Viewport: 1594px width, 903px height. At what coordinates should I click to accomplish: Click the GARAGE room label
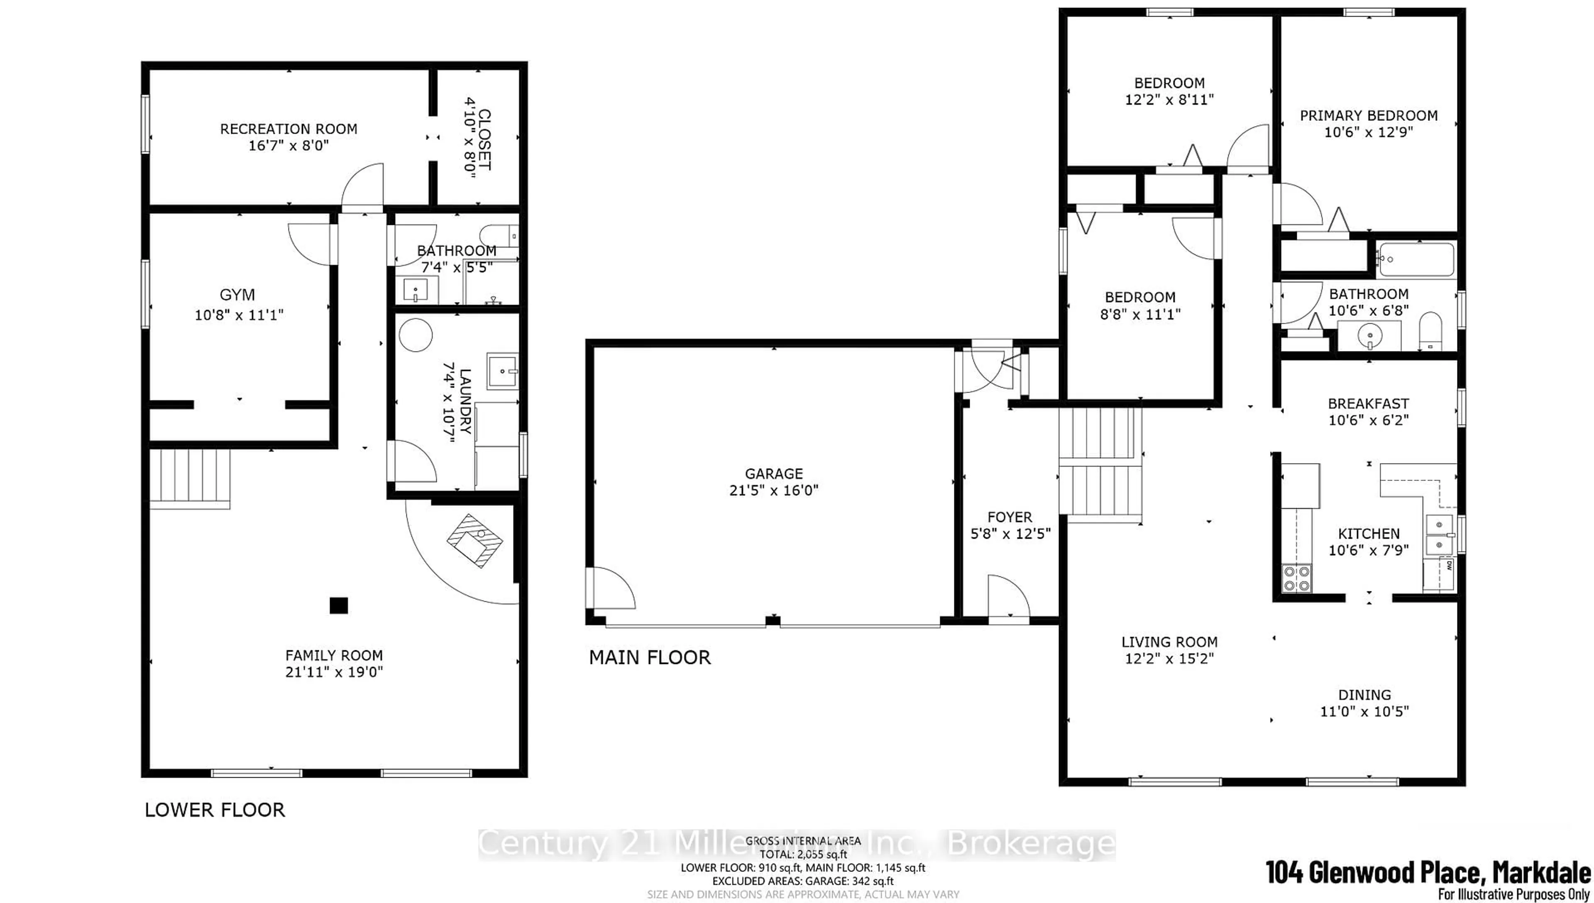(773, 474)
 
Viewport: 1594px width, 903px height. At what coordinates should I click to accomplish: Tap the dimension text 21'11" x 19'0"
(334, 672)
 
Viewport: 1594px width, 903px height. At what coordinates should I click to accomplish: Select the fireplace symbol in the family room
(474, 541)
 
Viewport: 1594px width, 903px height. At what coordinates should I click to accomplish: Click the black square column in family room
(338, 605)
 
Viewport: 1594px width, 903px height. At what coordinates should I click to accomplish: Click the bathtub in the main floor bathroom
(1415, 260)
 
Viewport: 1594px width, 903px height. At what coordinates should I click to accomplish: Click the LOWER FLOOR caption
(215, 810)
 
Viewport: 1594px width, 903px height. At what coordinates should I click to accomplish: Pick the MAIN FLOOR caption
(649, 657)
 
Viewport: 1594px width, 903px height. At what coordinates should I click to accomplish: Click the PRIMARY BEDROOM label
(1368, 116)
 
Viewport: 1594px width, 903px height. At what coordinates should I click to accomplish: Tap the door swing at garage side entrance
(611, 588)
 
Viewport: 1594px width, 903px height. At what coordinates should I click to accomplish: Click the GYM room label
(237, 295)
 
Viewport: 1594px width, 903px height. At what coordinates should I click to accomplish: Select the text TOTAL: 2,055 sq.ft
(802, 854)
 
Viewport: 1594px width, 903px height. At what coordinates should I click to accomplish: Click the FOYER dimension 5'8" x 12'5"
(1010, 533)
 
